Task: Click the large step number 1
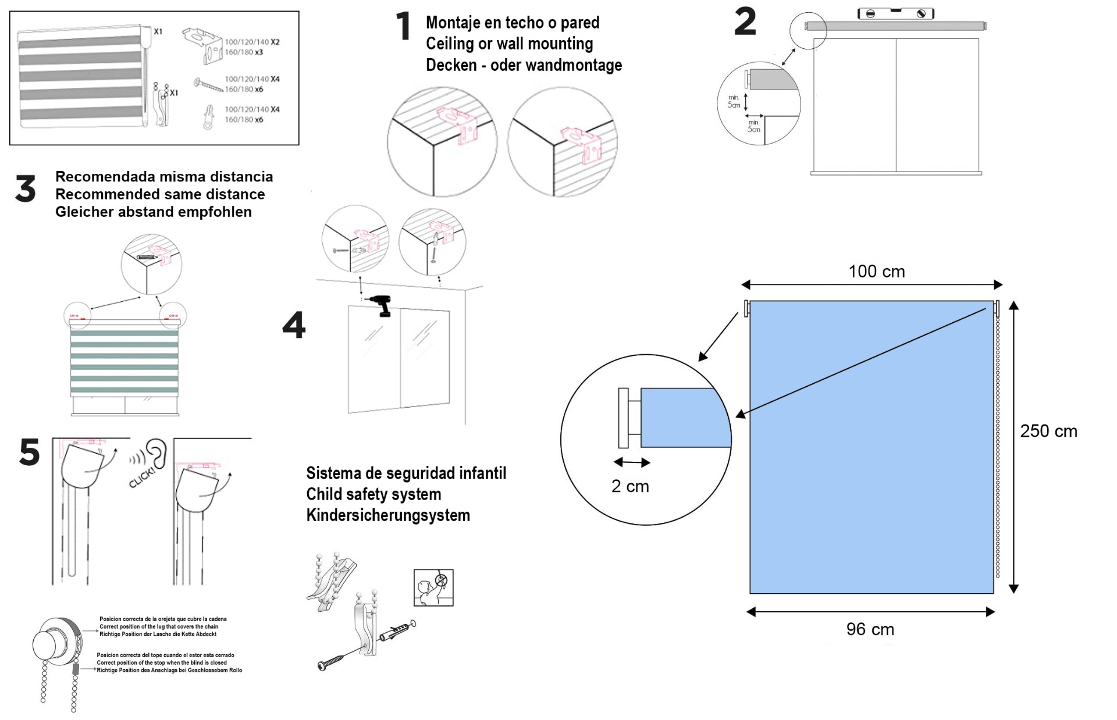point(403,27)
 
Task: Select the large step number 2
point(745,22)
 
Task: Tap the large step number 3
point(26,190)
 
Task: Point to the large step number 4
point(294,325)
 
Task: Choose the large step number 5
point(30,452)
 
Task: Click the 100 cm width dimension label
point(876,272)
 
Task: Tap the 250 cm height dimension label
point(1048,431)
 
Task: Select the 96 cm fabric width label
point(870,629)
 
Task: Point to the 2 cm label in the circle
point(630,486)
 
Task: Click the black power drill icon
point(380,305)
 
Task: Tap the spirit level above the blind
point(896,13)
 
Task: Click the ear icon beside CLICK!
point(156,452)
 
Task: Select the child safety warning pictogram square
point(433,587)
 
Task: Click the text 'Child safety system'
point(373,494)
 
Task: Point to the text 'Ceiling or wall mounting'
point(509,44)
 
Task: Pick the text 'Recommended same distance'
point(160,194)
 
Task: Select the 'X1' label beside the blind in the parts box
point(158,32)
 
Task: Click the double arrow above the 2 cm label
point(632,462)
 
